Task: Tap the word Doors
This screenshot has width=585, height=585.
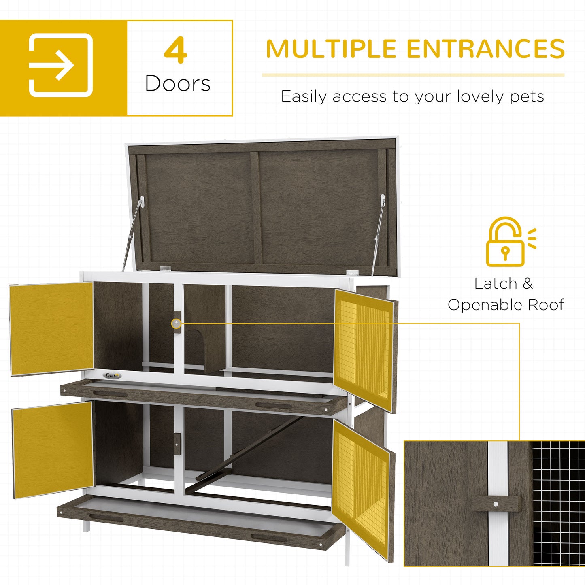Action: coord(178,84)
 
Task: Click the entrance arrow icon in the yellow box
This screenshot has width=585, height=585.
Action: coord(61,65)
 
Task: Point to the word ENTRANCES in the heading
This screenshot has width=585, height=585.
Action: coord(485,49)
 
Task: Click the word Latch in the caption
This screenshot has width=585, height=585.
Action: coord(496,284)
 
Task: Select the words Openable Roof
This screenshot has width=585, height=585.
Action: coord(506,305)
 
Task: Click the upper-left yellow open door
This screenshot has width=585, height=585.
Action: coord(52,328)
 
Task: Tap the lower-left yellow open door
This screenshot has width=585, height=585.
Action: coord(53,449)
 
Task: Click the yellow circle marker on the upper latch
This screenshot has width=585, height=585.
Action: coord(176,323)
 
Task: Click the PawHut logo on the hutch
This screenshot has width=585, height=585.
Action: coord(113,375)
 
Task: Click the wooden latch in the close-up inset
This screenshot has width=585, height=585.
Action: coord(496,504)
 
